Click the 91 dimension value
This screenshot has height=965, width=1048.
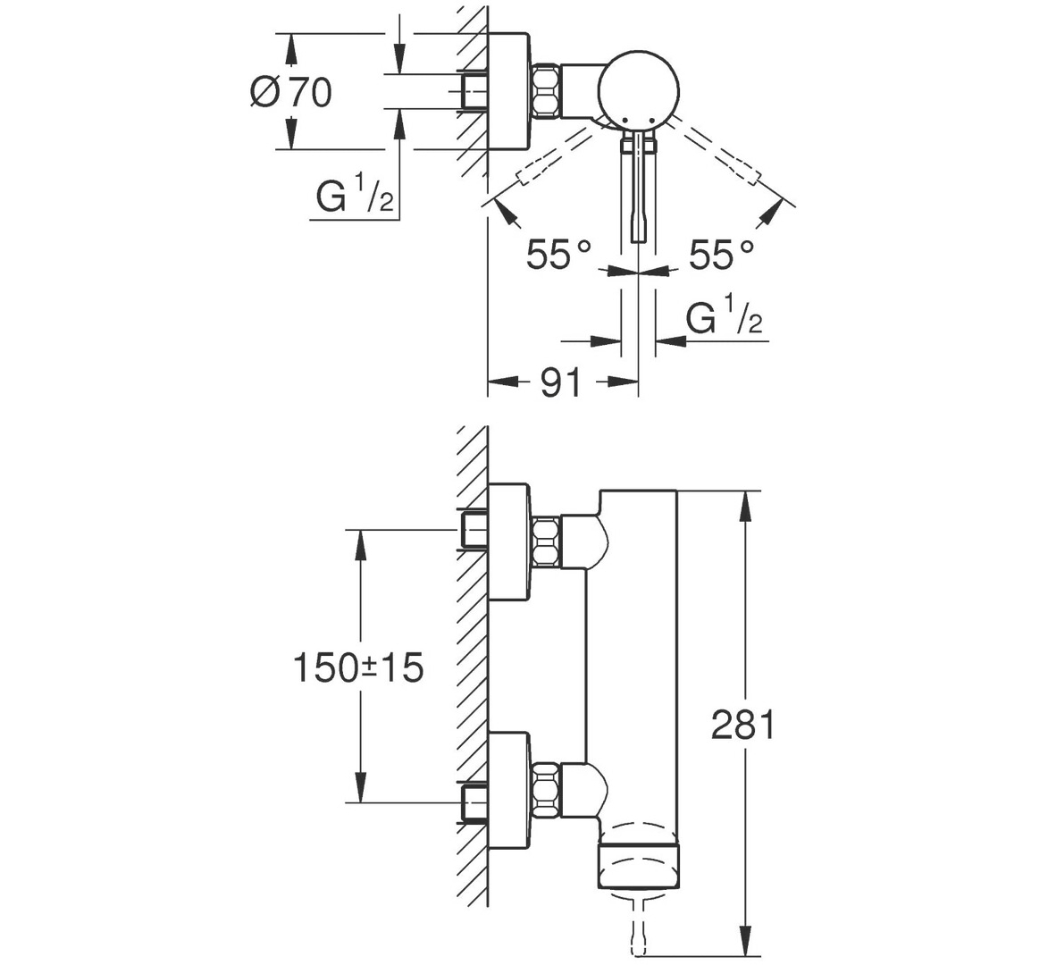(561, 383)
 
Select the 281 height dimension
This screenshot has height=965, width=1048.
(742, 725)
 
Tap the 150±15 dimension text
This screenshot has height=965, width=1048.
(358, 667)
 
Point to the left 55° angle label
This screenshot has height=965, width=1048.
(559, 254)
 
